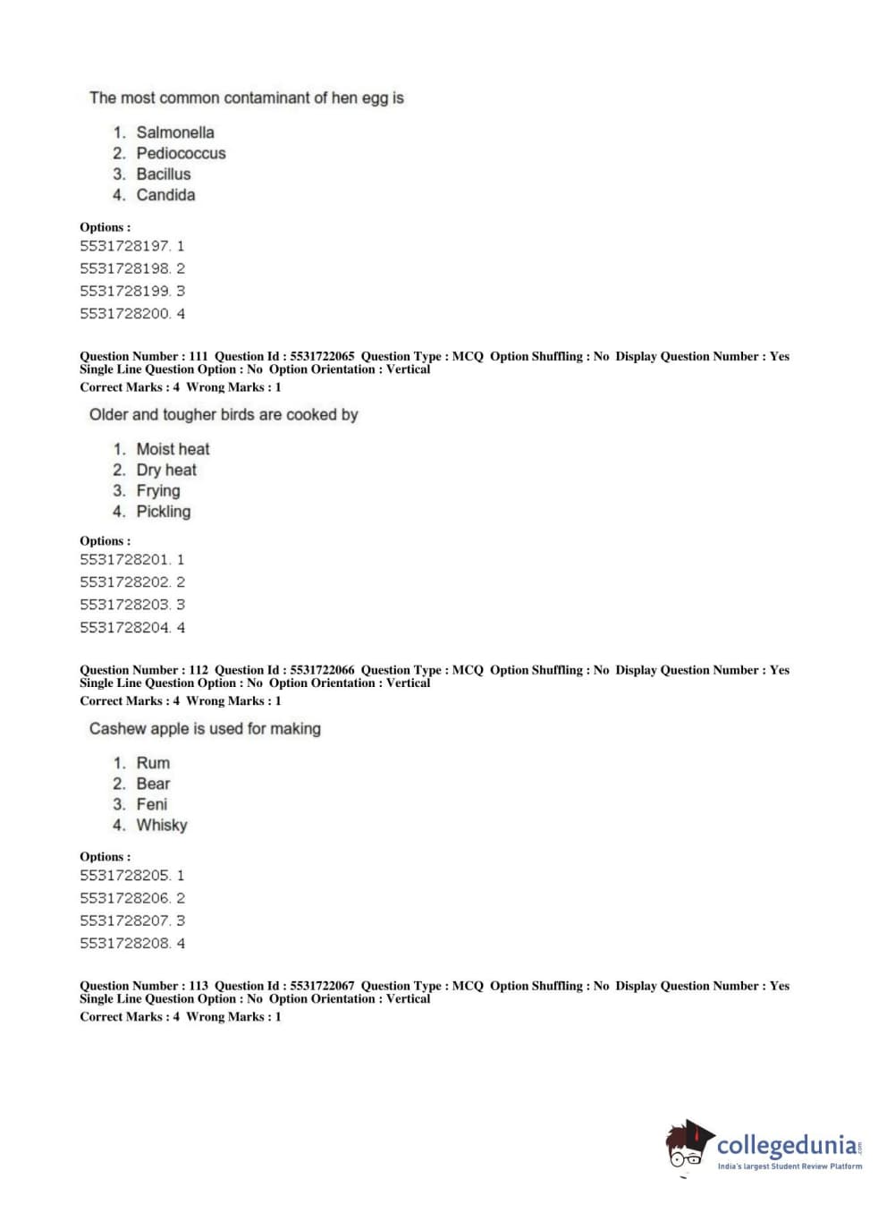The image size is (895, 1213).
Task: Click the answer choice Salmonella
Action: coord(174,132)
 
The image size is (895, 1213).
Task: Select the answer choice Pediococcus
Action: coord(181,153)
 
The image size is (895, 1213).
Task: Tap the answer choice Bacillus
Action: coord(163,174)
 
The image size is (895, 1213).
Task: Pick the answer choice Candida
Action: coord(165,195)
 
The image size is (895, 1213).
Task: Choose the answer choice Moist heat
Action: coord(173,449)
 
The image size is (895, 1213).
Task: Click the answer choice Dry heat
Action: coord(166,470)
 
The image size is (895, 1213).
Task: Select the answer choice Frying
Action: coord(158,490)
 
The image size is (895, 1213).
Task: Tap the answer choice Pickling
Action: coord(163,512)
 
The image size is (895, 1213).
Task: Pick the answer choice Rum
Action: coord(153,763)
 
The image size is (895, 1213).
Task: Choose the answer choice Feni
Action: coord(151,804)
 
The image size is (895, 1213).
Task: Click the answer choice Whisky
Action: coord(162,825)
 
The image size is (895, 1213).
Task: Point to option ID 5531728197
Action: coord(124,246)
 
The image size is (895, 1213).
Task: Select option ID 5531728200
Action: coord(124,314)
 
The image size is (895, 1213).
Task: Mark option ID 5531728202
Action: coord(124,582)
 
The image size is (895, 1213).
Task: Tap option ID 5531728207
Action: coord(124,920)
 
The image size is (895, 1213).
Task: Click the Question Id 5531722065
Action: coord(322,356)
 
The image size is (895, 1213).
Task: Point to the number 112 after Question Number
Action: coord(198,670)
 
